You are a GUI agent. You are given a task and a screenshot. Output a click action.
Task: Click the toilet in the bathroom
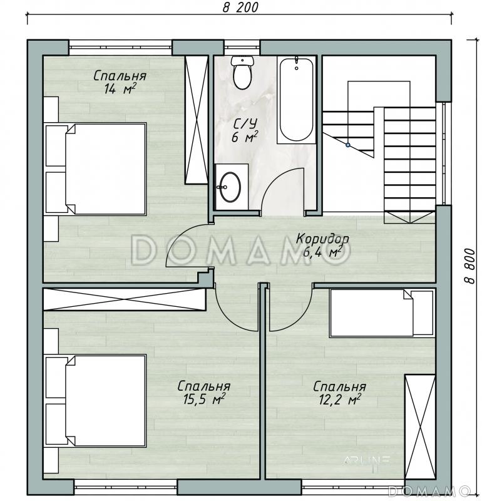point(242,73)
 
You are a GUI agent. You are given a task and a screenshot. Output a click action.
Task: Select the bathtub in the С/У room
point(296,100)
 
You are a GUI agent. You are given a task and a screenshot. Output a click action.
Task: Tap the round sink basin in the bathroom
point(230,187)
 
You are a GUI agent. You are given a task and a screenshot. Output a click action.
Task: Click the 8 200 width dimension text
point(240,8)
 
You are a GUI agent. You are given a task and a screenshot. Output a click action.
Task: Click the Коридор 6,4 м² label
point(322,245)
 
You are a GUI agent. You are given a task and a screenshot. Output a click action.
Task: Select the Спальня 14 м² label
point(120,83)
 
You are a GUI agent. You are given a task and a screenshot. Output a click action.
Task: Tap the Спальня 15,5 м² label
point(204,393)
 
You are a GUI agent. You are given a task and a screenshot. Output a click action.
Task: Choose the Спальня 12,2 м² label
point(339,393)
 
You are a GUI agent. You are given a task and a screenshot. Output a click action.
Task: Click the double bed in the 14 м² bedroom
point(96,168)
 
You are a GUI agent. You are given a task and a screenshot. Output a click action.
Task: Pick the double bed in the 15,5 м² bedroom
point(96,401)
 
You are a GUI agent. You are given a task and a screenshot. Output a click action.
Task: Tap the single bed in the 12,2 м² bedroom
point(382,312)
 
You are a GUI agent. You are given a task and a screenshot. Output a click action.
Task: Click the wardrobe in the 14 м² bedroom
point(197,119)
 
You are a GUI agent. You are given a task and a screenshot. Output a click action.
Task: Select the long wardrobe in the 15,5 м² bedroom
point(124,299)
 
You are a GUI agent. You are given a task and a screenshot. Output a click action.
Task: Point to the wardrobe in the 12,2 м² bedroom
point(419,426)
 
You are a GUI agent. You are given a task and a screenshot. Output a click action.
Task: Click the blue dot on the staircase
point(348,145)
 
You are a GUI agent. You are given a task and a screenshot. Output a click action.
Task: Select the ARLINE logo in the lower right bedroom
point(367,460)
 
